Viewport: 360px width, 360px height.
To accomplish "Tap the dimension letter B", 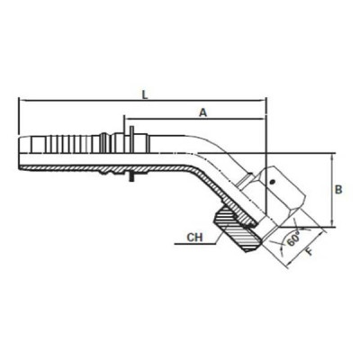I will (338, 189).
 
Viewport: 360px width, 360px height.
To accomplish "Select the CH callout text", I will (192, 238).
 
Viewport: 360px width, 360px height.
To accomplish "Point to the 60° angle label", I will (295, 240).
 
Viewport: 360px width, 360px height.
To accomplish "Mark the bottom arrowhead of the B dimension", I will (332, 225).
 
